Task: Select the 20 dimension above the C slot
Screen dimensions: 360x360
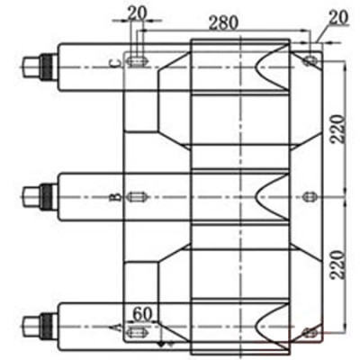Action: (x=138, y=12)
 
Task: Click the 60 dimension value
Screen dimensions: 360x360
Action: (x=141, y=314)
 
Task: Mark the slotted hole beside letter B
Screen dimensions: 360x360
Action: (x=138, y=196)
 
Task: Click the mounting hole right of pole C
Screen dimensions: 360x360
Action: (x=310, y=61)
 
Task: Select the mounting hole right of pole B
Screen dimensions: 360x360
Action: (x=310, y=196)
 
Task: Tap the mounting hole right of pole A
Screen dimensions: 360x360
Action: (x=310, y=332)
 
